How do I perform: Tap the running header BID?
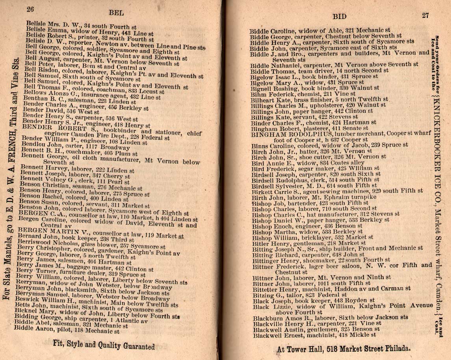(340, 17)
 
